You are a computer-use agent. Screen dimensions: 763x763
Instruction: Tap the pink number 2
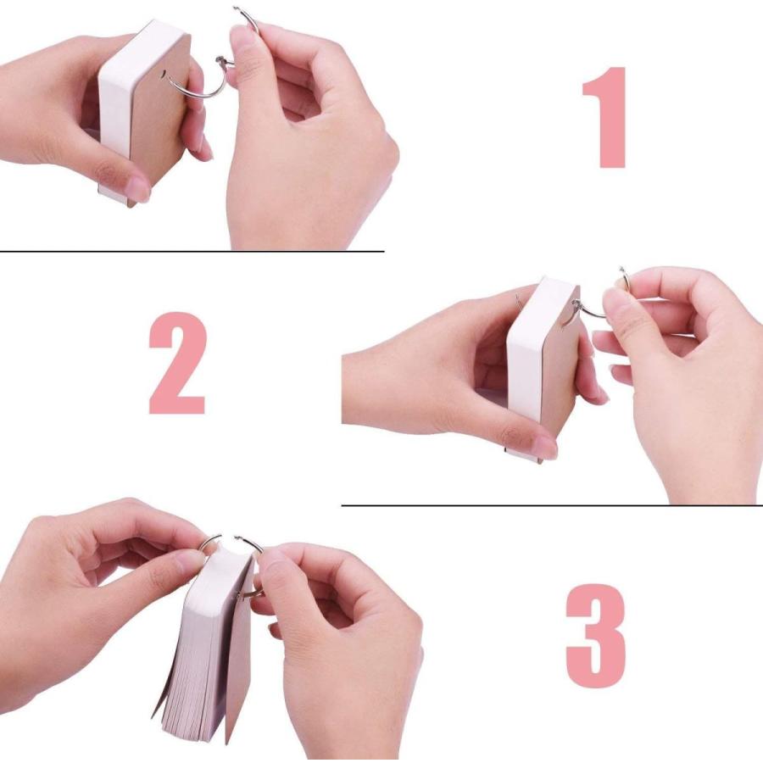177,363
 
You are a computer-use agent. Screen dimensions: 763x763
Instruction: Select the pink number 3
596,636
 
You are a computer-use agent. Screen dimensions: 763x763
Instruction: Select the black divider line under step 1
192,251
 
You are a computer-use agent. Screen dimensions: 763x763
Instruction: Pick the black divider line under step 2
552,505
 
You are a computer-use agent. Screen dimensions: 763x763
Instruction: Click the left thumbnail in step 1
137,189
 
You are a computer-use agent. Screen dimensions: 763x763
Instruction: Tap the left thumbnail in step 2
544,447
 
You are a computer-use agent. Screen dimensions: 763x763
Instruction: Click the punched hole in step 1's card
163,74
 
